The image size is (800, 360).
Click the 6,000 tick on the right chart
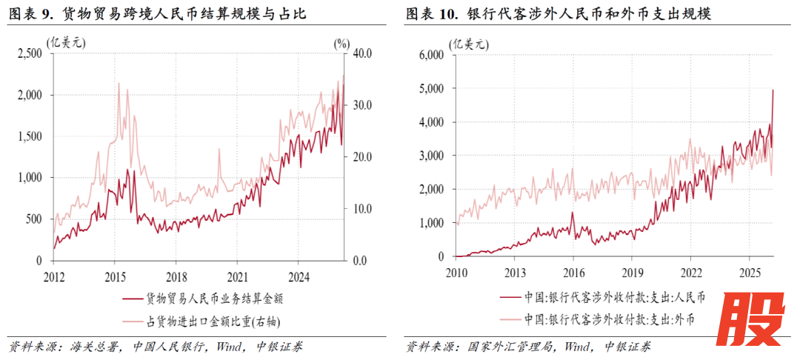(430, 55)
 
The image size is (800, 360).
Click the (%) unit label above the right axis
(341, 43)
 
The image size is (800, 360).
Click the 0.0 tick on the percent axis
(361, 261)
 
